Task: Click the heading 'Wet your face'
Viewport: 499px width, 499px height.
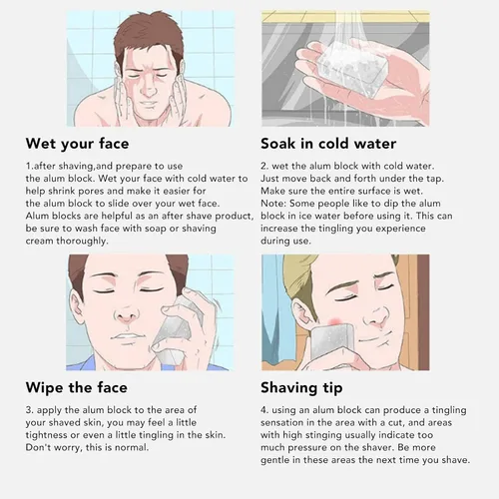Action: pos(77,144)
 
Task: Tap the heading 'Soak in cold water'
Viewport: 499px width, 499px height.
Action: pos(328,144)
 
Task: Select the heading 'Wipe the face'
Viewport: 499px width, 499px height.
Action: pos(77,388)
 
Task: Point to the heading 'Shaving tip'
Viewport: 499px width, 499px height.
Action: pos(301,388)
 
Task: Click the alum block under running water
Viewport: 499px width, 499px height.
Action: pos(352,67)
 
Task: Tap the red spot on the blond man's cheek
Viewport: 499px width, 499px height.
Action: pos(335,321)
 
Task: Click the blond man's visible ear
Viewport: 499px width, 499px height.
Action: pos(303,312)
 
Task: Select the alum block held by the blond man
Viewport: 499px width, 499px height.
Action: pos(333,343)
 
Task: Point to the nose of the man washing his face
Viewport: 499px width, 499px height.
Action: pos(148,87)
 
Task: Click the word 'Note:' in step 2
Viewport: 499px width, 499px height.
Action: pos(273,204)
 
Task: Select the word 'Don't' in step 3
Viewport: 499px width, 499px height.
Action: pos(37,447)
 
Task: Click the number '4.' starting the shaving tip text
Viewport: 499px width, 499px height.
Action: pos(264,410)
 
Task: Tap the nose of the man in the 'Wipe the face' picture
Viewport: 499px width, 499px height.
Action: pos(127,314)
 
